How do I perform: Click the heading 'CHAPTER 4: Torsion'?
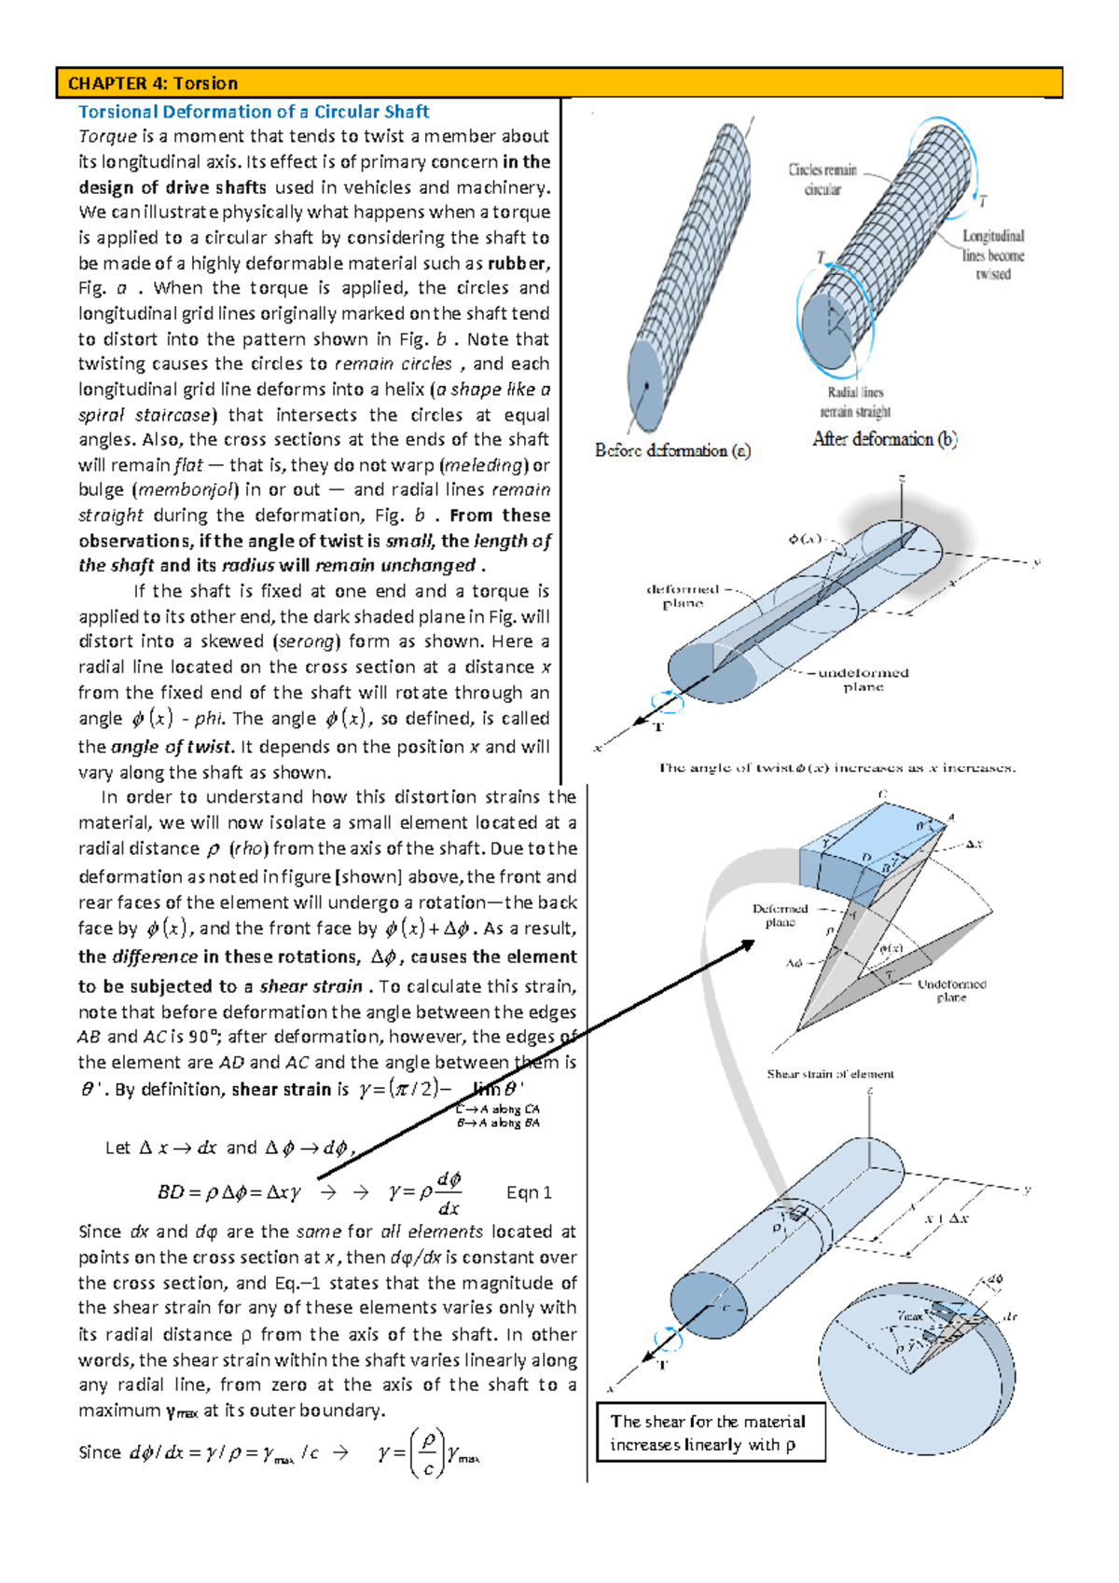pos(153,83)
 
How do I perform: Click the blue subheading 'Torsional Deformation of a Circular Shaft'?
pos(253,112)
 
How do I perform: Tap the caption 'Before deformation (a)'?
pos(672,450)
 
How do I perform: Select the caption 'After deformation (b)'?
pos(884,439)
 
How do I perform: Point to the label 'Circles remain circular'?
pos(822,179)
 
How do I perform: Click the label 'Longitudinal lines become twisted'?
pos(993,255)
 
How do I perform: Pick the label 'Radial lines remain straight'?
pos(855,402)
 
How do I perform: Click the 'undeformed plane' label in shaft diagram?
pos(863,680)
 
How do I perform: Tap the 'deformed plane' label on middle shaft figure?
pos(684,596)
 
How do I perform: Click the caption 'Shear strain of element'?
pos(830,1074)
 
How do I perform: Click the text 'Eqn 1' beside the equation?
pos(529,1192)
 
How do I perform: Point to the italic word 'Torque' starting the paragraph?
pos(107,136)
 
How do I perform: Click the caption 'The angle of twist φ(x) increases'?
pos(836,768)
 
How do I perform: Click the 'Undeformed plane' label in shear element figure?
pos(951,990)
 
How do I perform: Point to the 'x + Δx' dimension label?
pos(946,1218)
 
